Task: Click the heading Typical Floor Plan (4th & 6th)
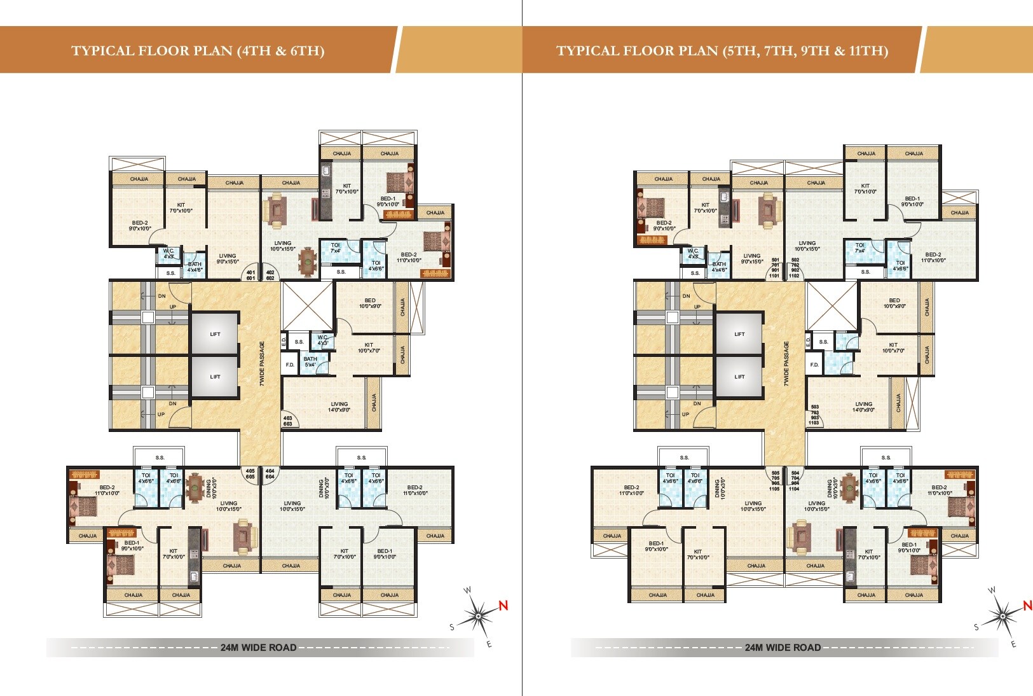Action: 198,51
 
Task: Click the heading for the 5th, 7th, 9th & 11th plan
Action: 722,51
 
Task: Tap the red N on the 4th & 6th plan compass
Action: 503,605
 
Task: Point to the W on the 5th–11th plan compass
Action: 992,590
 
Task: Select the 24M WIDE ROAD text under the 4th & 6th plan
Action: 258,648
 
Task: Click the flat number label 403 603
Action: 287,421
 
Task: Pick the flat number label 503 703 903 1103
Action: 814,414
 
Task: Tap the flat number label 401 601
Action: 250,275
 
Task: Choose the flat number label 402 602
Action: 270,275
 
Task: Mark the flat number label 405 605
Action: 250,473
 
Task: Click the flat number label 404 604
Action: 270,473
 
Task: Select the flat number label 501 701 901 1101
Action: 775,268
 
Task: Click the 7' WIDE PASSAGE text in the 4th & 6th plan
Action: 261,363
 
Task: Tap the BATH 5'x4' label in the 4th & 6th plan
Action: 310,361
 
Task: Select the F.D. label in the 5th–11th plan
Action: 814,365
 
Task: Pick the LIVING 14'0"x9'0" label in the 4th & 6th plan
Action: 339,407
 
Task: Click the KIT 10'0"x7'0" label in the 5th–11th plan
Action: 893,347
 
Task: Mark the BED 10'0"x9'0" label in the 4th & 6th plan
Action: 370,303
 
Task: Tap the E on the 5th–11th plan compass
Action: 1013,644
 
